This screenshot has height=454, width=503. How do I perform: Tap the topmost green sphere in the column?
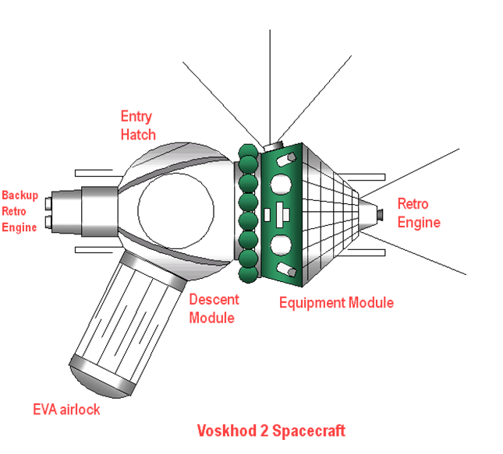pos(250,151)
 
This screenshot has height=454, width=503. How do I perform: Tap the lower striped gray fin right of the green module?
pos(321,257)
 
